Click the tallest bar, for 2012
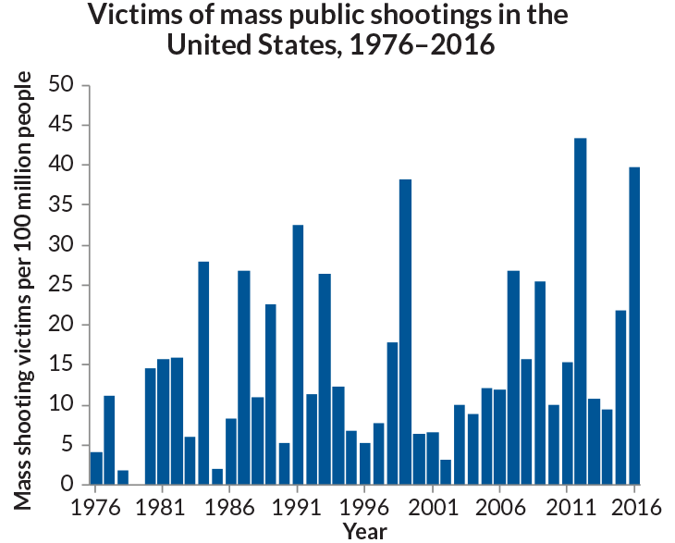581,311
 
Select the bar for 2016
634,325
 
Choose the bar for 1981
164,422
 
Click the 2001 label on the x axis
432,508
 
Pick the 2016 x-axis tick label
635,508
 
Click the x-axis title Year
364,531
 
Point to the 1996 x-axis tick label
364,508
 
